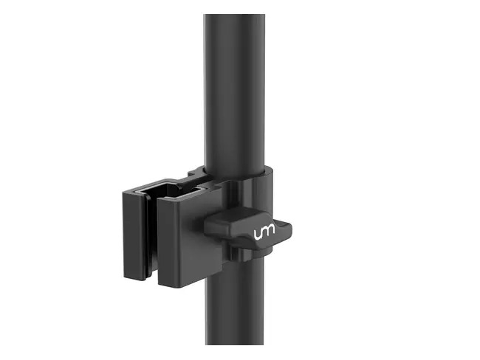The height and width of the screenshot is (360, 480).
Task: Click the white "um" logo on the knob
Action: pyautogui.click(x=264, y=233)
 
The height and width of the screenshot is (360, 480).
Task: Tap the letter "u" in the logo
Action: pyautogui.click(x=258, y=233)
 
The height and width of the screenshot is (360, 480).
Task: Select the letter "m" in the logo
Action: pyautogui.click(x=270, y=233)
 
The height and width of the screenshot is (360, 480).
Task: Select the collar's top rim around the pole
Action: pyautogui.click(x=244, y=176)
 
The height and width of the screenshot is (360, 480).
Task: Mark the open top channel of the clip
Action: pyautogui.click(x=174, y=192)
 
